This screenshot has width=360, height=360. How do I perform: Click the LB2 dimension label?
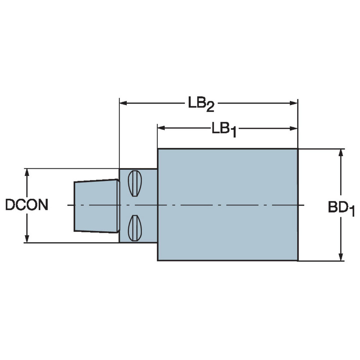point(201,104)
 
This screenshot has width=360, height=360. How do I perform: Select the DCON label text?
point(27,205)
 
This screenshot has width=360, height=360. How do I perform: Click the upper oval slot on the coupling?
point(135,183)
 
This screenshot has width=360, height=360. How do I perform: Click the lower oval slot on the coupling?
point(135,228)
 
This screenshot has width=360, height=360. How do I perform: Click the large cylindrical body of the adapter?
point(228,204)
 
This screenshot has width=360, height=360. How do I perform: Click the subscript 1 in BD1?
point(352,212)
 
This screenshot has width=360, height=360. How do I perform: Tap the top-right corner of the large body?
point(297,149)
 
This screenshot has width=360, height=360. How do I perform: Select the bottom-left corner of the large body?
point(158,260)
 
